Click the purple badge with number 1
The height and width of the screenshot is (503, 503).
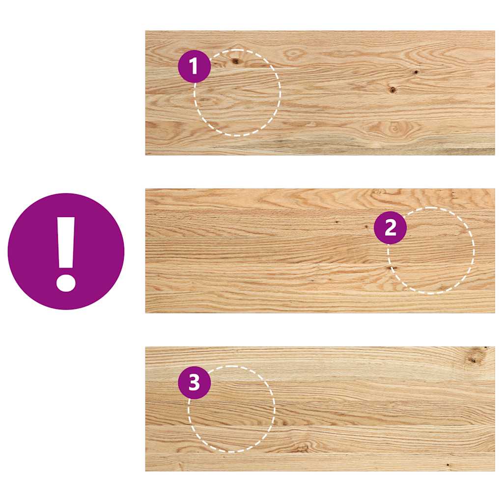[194, 66]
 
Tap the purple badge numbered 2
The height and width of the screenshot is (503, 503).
[391, 227]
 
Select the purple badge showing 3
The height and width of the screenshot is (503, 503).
[194, 382]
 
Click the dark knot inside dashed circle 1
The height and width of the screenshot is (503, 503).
[235, 61]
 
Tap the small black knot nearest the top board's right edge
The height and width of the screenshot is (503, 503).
[416, 72]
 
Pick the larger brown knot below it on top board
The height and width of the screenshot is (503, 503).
[392, 90]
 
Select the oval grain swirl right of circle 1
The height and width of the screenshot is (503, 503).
[295, 54]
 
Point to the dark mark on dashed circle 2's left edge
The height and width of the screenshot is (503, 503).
[393, 268]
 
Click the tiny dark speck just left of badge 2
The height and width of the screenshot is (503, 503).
[367, 226]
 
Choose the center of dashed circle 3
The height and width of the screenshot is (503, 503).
[232, 409]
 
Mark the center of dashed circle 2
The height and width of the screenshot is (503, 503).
[431, 251]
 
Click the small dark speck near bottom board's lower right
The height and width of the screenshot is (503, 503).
[447, 464]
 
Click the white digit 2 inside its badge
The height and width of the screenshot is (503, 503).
[391, 228]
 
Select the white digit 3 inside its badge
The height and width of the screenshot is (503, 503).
[194, 383]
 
